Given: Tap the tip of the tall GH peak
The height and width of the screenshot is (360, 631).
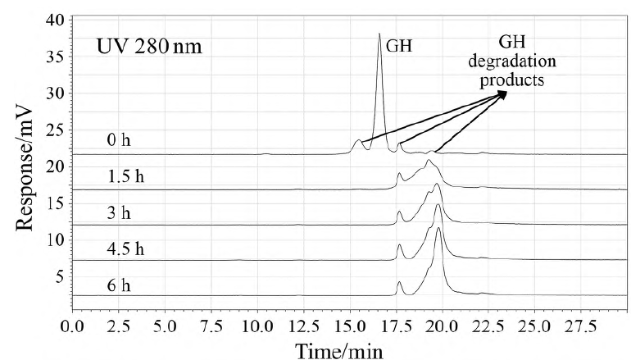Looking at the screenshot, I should click(x=379, y=34).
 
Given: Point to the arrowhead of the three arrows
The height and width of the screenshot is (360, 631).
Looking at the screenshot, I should click(x=503, y=93).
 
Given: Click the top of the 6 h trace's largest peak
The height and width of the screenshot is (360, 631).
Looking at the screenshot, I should click(x=438, y=230).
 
